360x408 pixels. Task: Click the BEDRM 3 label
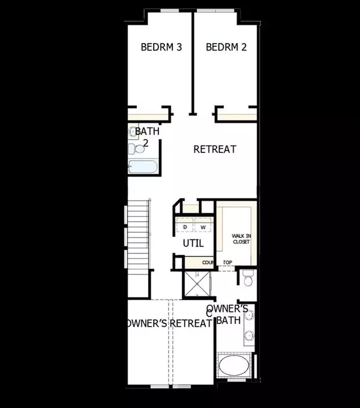click(161, 47)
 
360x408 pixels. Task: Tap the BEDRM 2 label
click(226, 47)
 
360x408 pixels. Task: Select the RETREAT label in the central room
click(215, 149)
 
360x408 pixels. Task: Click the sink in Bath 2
click(133, 131)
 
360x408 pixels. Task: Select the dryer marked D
click(185, 226)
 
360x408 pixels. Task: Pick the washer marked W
click(203, 226)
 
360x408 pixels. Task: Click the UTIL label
click(193, 243)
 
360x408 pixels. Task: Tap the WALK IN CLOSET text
click(241, 239)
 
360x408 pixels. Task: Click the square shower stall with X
click(197, 284)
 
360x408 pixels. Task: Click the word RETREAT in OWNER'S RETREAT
click(191, 323)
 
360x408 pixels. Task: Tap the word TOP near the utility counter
click(227, 263)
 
